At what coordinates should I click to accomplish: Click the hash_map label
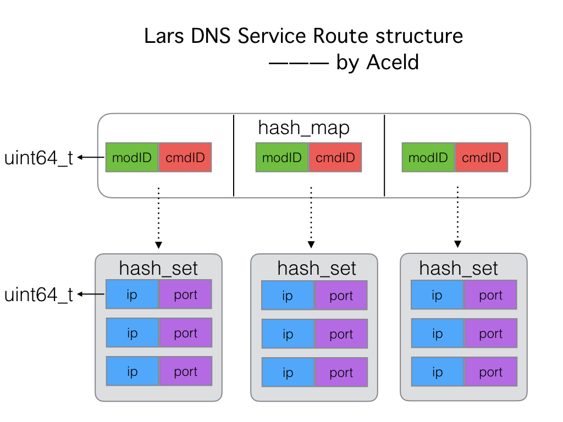point(303,128)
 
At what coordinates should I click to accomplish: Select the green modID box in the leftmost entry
point(132,158)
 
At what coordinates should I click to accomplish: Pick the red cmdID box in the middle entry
point(335,158)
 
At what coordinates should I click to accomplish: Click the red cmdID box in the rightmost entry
point(482,158)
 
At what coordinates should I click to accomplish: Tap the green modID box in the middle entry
point(282,158)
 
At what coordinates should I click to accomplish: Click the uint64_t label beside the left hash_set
point(38,295)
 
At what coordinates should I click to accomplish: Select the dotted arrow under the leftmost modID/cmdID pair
point(158,217)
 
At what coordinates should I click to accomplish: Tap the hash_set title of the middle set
point(316,268)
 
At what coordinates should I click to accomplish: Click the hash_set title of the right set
point(458,268)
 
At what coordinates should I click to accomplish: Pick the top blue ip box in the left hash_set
point(133,295)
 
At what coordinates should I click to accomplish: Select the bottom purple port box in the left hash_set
point(185,371)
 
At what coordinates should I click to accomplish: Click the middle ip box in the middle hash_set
point(288,334)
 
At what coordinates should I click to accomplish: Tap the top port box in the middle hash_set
point(341,296)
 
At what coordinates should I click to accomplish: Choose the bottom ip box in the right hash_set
point(437,372)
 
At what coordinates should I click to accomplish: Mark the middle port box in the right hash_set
point(490,334)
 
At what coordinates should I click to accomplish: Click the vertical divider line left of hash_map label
point(234,156)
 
